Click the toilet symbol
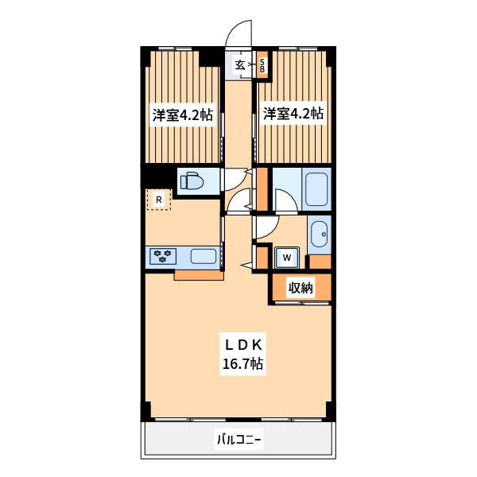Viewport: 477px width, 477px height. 192,181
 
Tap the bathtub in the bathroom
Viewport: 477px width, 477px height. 316,189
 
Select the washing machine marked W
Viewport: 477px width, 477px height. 286,258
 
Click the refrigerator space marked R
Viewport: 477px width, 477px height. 158,200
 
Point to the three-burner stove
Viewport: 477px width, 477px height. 162,256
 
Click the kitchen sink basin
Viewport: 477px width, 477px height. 204,256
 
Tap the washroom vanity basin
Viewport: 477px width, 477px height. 319,235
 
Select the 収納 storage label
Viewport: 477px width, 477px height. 301,288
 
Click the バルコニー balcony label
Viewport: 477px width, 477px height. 239,440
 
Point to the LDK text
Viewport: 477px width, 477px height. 243,345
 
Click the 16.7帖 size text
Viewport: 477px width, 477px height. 242,363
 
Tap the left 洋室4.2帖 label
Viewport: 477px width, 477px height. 183,115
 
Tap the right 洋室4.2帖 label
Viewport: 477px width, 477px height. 293,114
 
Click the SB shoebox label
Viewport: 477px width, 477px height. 262,65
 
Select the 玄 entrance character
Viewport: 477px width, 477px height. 240,64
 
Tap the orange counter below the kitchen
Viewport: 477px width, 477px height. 199,275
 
